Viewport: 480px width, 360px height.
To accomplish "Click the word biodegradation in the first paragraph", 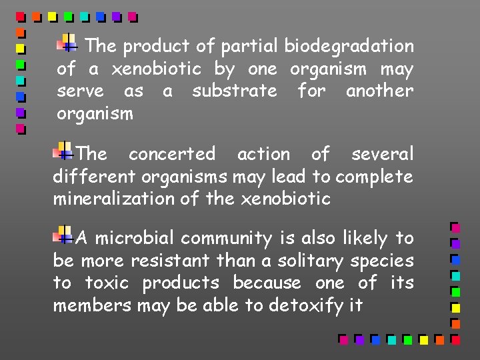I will pos(349,47).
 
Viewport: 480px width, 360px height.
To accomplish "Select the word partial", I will pos(249,47).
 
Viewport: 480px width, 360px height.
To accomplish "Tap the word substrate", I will pos(234,91).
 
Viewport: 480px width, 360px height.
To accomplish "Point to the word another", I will pos(379,91).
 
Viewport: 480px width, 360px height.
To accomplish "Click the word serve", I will pos(80,91).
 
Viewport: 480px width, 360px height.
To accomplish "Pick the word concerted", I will pos(172,154).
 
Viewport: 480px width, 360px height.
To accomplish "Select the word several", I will pos(382,154).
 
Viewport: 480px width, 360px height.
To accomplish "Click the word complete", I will pos(374,177).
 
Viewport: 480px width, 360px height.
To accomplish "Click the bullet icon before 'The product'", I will pos(68,43).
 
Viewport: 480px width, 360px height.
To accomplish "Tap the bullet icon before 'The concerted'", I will pos(64,151).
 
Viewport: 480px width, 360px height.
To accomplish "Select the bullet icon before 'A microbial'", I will pos(64,235).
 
